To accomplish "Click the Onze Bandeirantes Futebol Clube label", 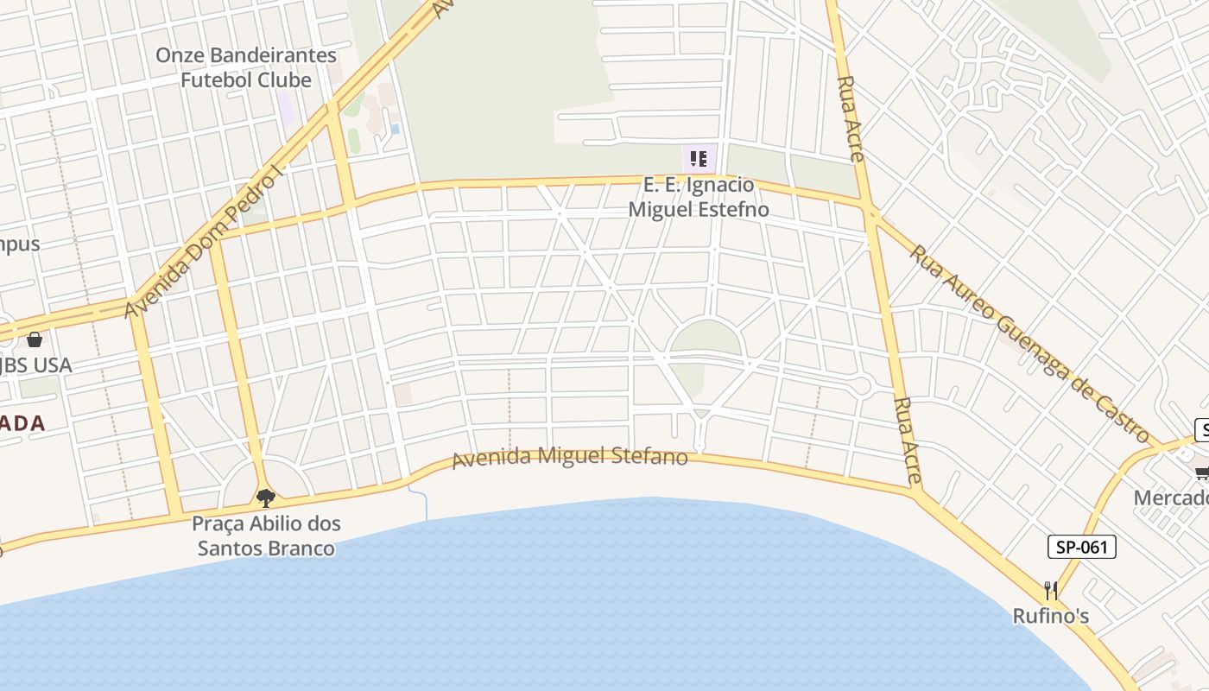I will tap(245, 67).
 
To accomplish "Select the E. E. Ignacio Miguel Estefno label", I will tap(698, 197).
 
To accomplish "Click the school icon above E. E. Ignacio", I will tap(699, 159).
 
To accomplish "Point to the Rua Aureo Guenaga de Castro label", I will tap(1032, 343).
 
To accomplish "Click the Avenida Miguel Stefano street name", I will tap(570, 456).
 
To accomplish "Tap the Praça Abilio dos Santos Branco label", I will tap(266, 536).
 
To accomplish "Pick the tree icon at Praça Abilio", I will tap(266, 498).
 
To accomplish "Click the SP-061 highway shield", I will tap(1082, 547).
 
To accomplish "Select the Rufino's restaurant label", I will tap(1051, 616).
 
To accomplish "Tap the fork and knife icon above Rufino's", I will tap(1051, 591).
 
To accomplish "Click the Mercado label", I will tap(1170, 498).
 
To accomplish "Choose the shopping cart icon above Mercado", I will tap(1201, 472).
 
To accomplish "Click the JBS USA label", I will tap(35, 365).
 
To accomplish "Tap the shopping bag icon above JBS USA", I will tap(35, 339).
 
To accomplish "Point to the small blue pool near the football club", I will tap(395, 129).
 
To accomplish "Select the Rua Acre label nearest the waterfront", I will tap(907, 440).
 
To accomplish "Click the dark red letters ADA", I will tap(22, 423).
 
